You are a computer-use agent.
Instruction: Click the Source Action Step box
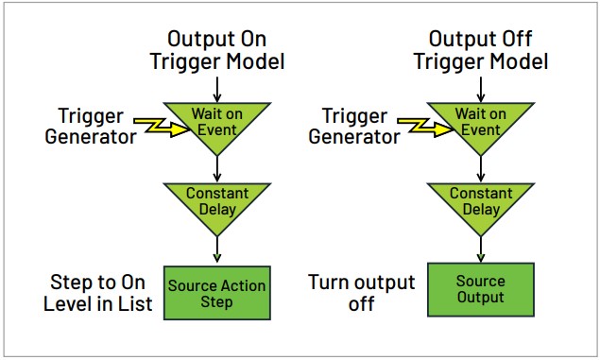(x=216, y=293)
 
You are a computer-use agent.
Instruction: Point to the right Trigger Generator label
(x=354, y=127)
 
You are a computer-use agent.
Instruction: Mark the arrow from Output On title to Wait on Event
(x=217, y=89)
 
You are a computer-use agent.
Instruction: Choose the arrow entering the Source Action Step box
(x=217, y=249)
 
